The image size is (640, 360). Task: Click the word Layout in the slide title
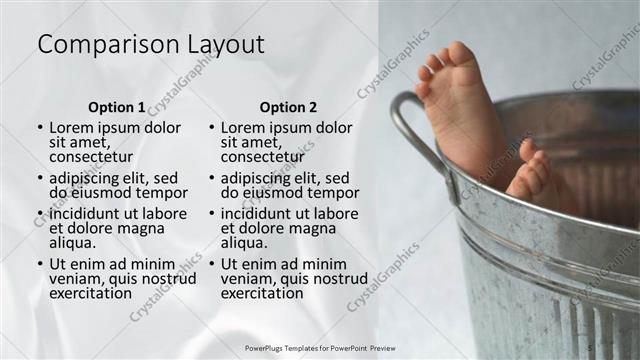pos(223,45)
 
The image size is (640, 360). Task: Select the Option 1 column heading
pos(116,106)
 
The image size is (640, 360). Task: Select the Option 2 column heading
pos(288,106)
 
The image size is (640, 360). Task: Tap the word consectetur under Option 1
pos(91,157)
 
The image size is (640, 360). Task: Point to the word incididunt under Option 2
pos(258,214)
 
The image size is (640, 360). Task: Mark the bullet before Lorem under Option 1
pos(40,129)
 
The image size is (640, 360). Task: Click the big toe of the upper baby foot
pos(461,52)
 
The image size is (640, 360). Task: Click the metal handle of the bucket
pos(410,125)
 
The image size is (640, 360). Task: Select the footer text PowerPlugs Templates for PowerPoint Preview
pos(320,348)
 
